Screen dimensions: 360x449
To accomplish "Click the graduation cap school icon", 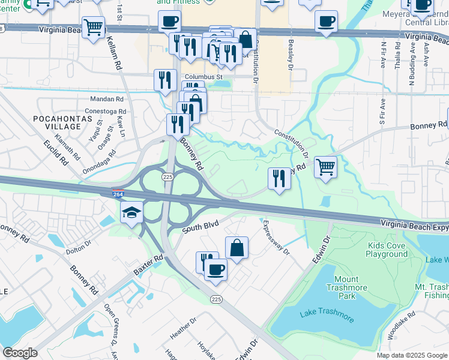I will point(131,212).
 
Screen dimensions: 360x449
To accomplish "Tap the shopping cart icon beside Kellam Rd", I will point(93,27).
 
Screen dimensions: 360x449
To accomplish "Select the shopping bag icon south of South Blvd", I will point(237,247).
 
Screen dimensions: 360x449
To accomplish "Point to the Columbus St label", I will point(203,77).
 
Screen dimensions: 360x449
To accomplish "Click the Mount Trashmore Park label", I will point(346,287).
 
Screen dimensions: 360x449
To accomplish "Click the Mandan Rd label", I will point(106,99).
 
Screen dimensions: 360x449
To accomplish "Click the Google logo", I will point(20,353).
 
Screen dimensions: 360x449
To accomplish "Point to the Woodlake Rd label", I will point(402,323).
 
